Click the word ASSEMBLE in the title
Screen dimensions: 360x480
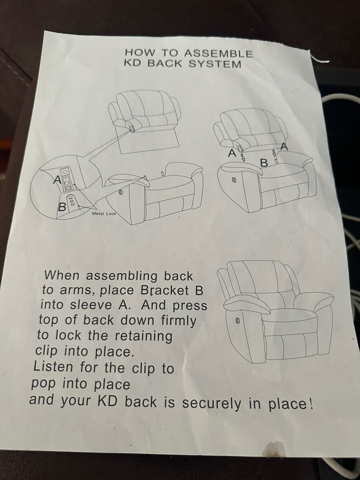[x=218, y=54]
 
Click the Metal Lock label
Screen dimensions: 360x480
[x=104, y=213]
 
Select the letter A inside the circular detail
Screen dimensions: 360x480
[x=57, y=180]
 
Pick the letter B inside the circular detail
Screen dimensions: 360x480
[x=62, y=207]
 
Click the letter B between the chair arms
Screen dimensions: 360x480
[x=264, y=163]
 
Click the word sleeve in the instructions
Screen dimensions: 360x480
[x=92, y=305]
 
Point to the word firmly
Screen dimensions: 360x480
[x=179, y=321]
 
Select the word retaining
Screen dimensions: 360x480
[x=144, y=336]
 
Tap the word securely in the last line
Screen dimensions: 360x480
[x=212, y=404]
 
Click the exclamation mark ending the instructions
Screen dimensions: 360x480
[x=311, y=404]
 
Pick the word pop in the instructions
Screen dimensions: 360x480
[x=43, y=384]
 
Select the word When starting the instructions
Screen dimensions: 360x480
[x=62, y=275]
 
